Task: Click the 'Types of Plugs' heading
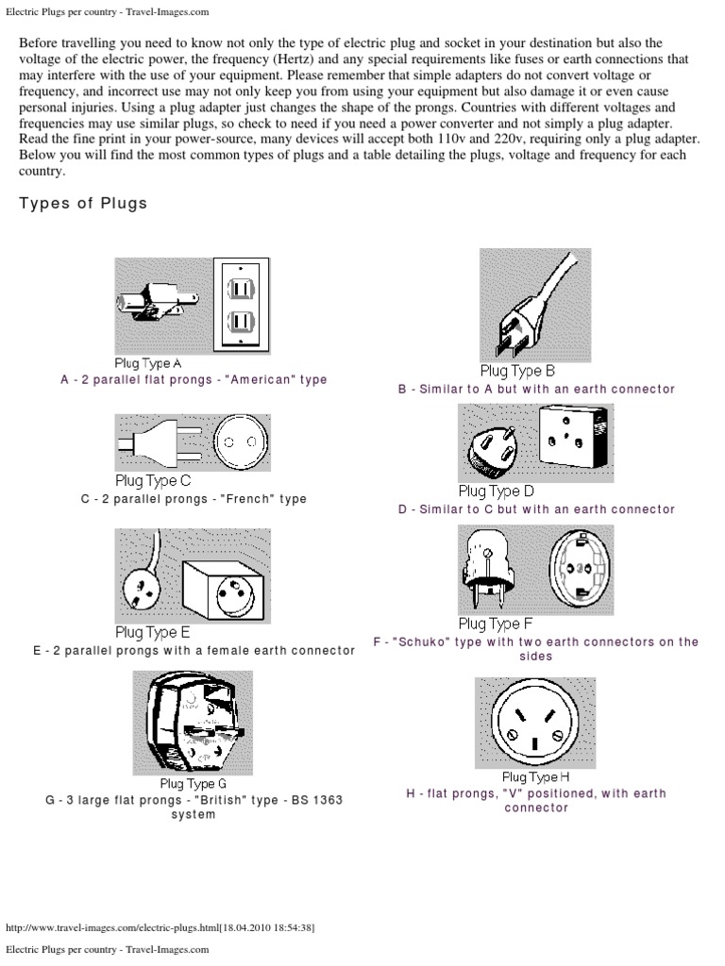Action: [x=83, y=204]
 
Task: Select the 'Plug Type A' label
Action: [x=148, y=363]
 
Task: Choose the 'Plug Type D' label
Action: [x=497, y=491]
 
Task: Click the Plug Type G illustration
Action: [x=192, y=722]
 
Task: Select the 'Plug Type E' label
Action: [x=153, y=633]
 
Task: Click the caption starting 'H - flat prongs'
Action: [x=535, y=801]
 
